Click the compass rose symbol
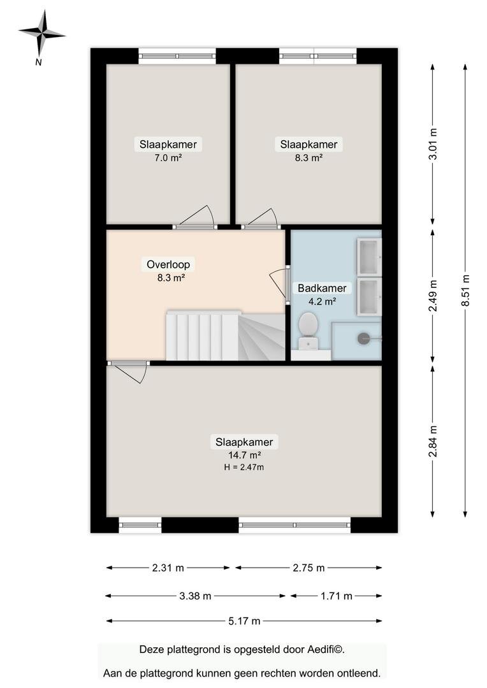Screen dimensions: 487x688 pos(41,33)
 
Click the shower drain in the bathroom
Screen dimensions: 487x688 pos(363,338)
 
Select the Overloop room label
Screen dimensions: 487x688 pos(168,264)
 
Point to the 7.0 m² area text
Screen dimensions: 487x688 pos(168,157)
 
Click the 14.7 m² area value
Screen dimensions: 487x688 pos(244,455)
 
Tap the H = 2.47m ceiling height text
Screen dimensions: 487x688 pos(244,468)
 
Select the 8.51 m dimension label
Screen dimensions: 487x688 pos(465,290)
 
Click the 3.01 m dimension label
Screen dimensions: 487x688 pos(433,145)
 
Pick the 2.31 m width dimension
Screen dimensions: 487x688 pos(168,568)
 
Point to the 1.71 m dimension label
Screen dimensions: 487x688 pos(337,596)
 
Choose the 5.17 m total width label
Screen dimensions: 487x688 pos(244,621)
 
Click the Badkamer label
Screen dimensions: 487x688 pos(323,289)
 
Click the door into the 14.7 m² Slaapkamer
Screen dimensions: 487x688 pos(129,371)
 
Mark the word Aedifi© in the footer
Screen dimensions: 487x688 pos(323,649)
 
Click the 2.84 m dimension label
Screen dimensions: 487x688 pos(433,441)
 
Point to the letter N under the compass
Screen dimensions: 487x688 pos(38,62)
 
